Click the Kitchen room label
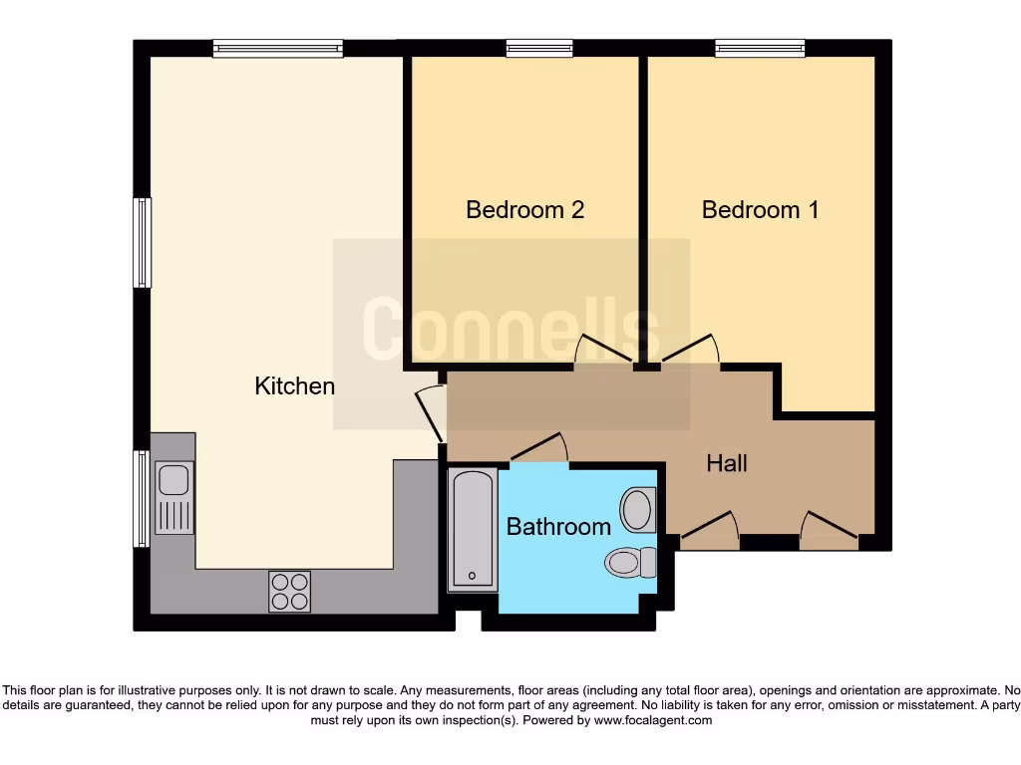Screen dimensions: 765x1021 (294, 386)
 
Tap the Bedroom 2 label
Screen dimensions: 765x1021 (524, 210)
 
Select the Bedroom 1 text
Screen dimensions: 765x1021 (760, 210)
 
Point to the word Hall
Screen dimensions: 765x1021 (727, 463)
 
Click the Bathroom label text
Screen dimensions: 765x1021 (558, 527)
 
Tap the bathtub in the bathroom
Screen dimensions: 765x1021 (472, 529)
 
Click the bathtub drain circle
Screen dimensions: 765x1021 (472, 576)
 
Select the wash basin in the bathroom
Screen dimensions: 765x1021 (637, 509)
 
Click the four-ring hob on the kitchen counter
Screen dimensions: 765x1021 (289, 591)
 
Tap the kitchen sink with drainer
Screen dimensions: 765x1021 (173, 498)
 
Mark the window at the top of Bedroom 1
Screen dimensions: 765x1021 (759, 48)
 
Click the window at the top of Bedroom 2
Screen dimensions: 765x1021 (538, 48)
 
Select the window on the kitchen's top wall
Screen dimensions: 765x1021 (277, 48)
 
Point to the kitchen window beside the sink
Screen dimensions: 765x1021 (142, 498)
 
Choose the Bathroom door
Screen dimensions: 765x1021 (539, 449)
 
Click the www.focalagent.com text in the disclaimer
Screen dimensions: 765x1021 (653, 720)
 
